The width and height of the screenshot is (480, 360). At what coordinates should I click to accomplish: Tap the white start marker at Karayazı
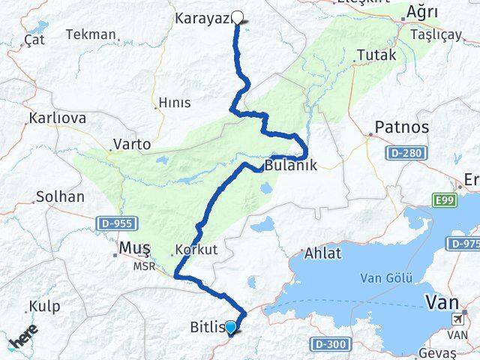pos(238,18)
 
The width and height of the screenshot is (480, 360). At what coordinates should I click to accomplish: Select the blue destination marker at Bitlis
pos(230,327)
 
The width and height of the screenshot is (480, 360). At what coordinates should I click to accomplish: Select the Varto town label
pos(131,143)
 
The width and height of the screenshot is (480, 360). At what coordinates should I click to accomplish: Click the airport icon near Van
pos(457,319)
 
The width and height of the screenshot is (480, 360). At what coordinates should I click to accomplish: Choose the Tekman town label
pos(91,34)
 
